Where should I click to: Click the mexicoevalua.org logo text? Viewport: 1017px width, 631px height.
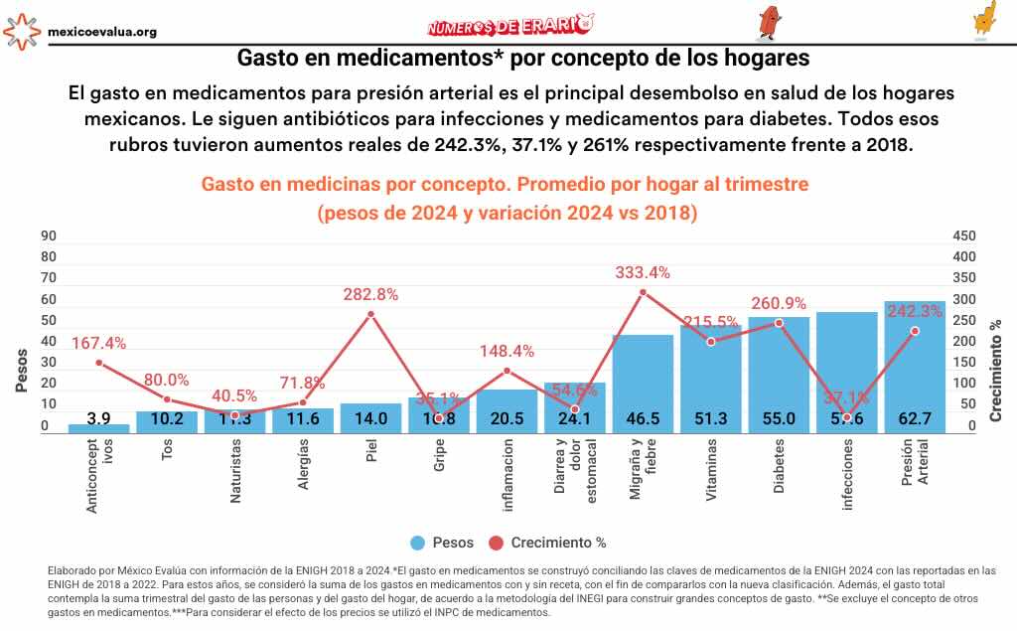(101, 32)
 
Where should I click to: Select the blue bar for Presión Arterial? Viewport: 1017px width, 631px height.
(914, 368)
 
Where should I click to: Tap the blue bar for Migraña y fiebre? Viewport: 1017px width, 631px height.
(643, 383)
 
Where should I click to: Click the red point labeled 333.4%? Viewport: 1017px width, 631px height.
(643, 292)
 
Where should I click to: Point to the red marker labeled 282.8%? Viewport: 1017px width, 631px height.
(370, 314)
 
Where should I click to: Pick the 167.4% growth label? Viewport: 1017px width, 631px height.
(99, 343)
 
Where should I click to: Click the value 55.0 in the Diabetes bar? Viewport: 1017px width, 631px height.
(779, 418)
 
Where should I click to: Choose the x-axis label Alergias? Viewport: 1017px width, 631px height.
(303, 473)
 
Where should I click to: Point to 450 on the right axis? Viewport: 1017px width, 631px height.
(964, 237)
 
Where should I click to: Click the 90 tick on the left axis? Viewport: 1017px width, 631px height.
(49, 237)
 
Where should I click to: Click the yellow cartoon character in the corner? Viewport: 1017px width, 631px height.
(984, 20)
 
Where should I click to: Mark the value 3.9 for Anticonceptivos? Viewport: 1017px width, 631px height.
(98, 418)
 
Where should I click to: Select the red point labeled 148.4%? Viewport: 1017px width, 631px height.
(507, 371)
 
